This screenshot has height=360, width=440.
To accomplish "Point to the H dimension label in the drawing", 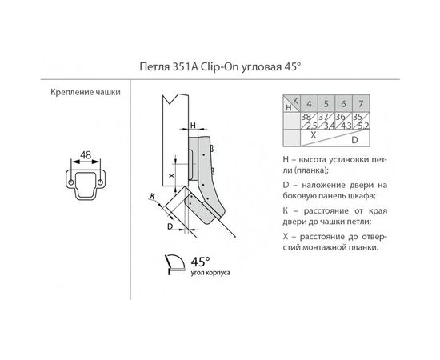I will (194, 125).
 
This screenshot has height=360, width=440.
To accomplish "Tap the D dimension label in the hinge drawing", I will (170, 226).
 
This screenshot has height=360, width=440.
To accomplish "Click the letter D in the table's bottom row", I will (345, 138).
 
